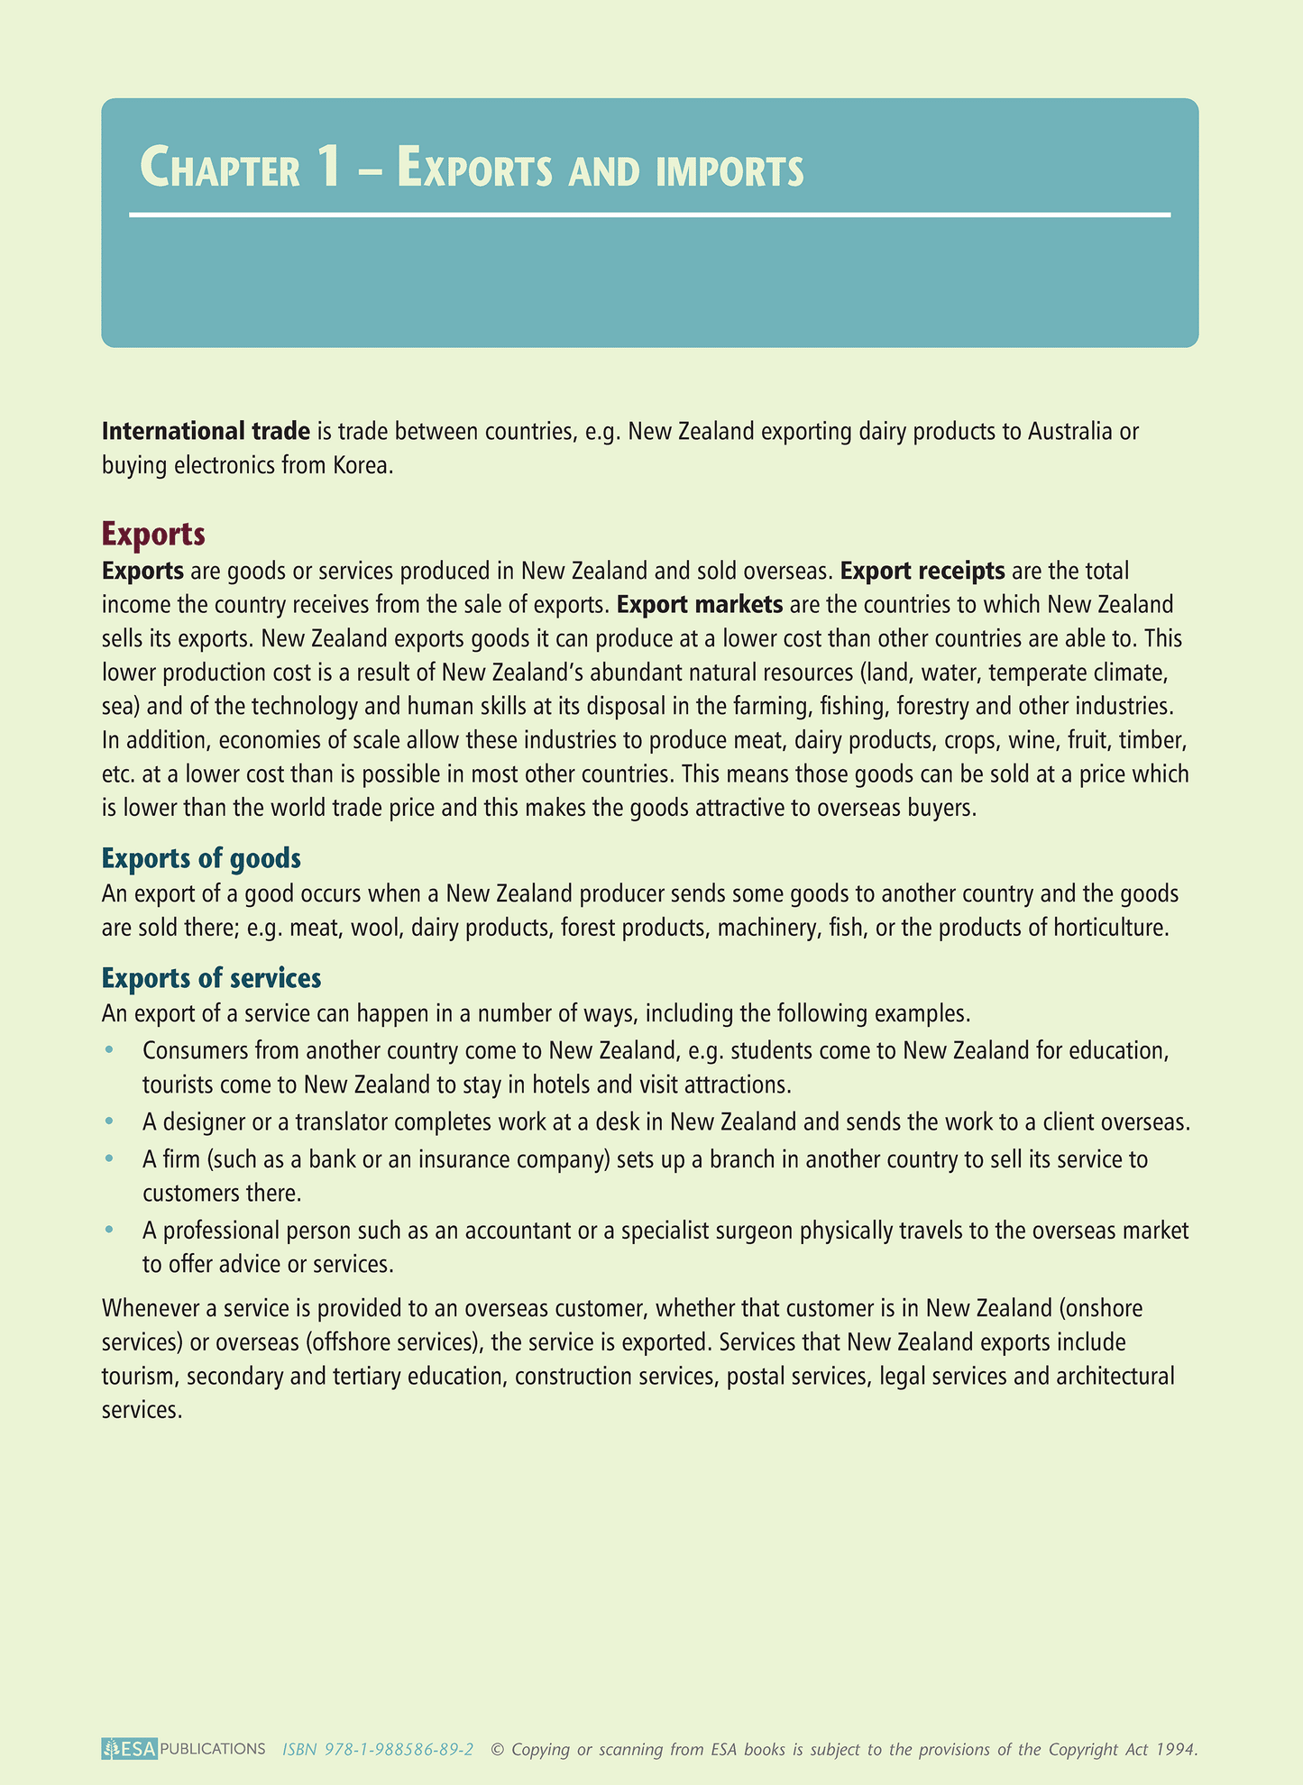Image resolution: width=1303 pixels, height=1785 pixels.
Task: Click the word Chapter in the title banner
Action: pos(220,169)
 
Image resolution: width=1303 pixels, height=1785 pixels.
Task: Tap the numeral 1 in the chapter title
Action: pos(328,168)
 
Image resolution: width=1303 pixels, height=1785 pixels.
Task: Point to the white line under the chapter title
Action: pos(649,215)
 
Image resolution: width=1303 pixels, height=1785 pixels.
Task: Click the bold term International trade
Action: pos(206,431)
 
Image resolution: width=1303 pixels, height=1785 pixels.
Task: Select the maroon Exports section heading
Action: pos(153,534)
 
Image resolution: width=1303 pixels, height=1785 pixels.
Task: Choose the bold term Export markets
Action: pos(700,604)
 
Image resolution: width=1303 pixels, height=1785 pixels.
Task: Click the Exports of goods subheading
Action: pos(201,857)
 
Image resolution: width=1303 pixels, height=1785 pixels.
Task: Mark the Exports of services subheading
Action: pos(211,977)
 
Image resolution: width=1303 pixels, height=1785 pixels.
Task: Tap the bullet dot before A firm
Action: pos(109,1158)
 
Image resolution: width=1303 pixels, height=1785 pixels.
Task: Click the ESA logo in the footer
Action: pos(130,1749)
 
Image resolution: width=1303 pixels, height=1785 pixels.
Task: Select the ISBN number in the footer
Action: pos(378,1749)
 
